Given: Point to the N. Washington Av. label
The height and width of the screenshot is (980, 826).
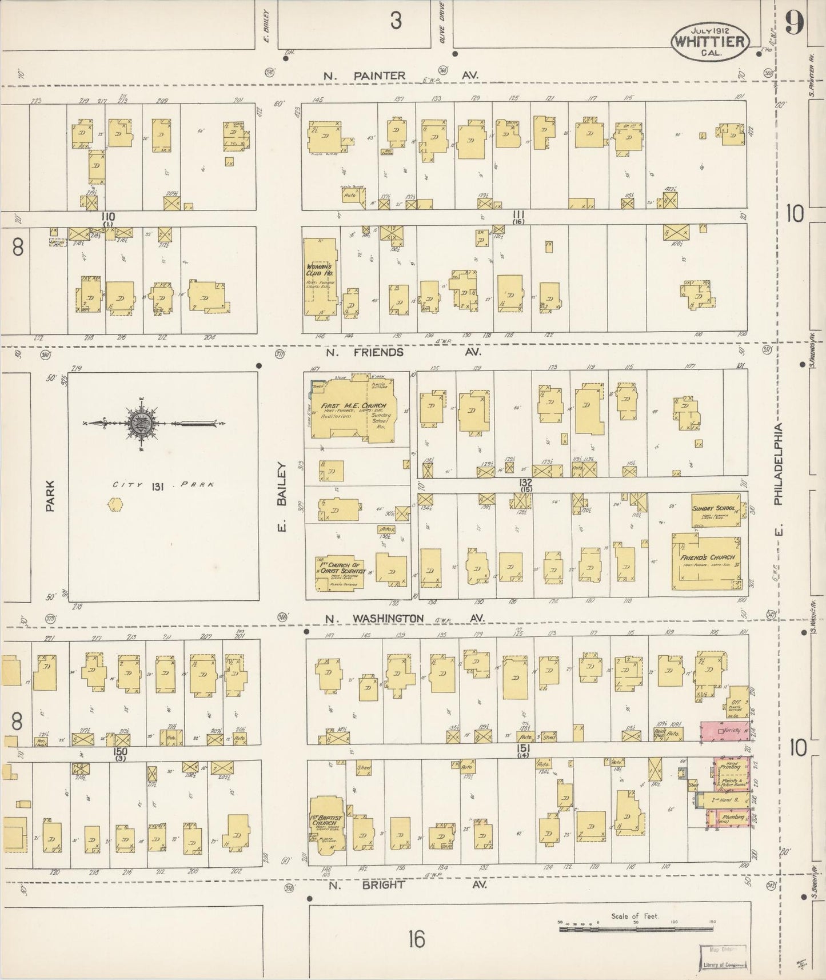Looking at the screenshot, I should tap(404, 619).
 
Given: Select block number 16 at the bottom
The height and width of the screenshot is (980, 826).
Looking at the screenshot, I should tap(417, 939).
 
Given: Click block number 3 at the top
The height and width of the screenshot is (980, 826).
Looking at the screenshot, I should tap(396, 21).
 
